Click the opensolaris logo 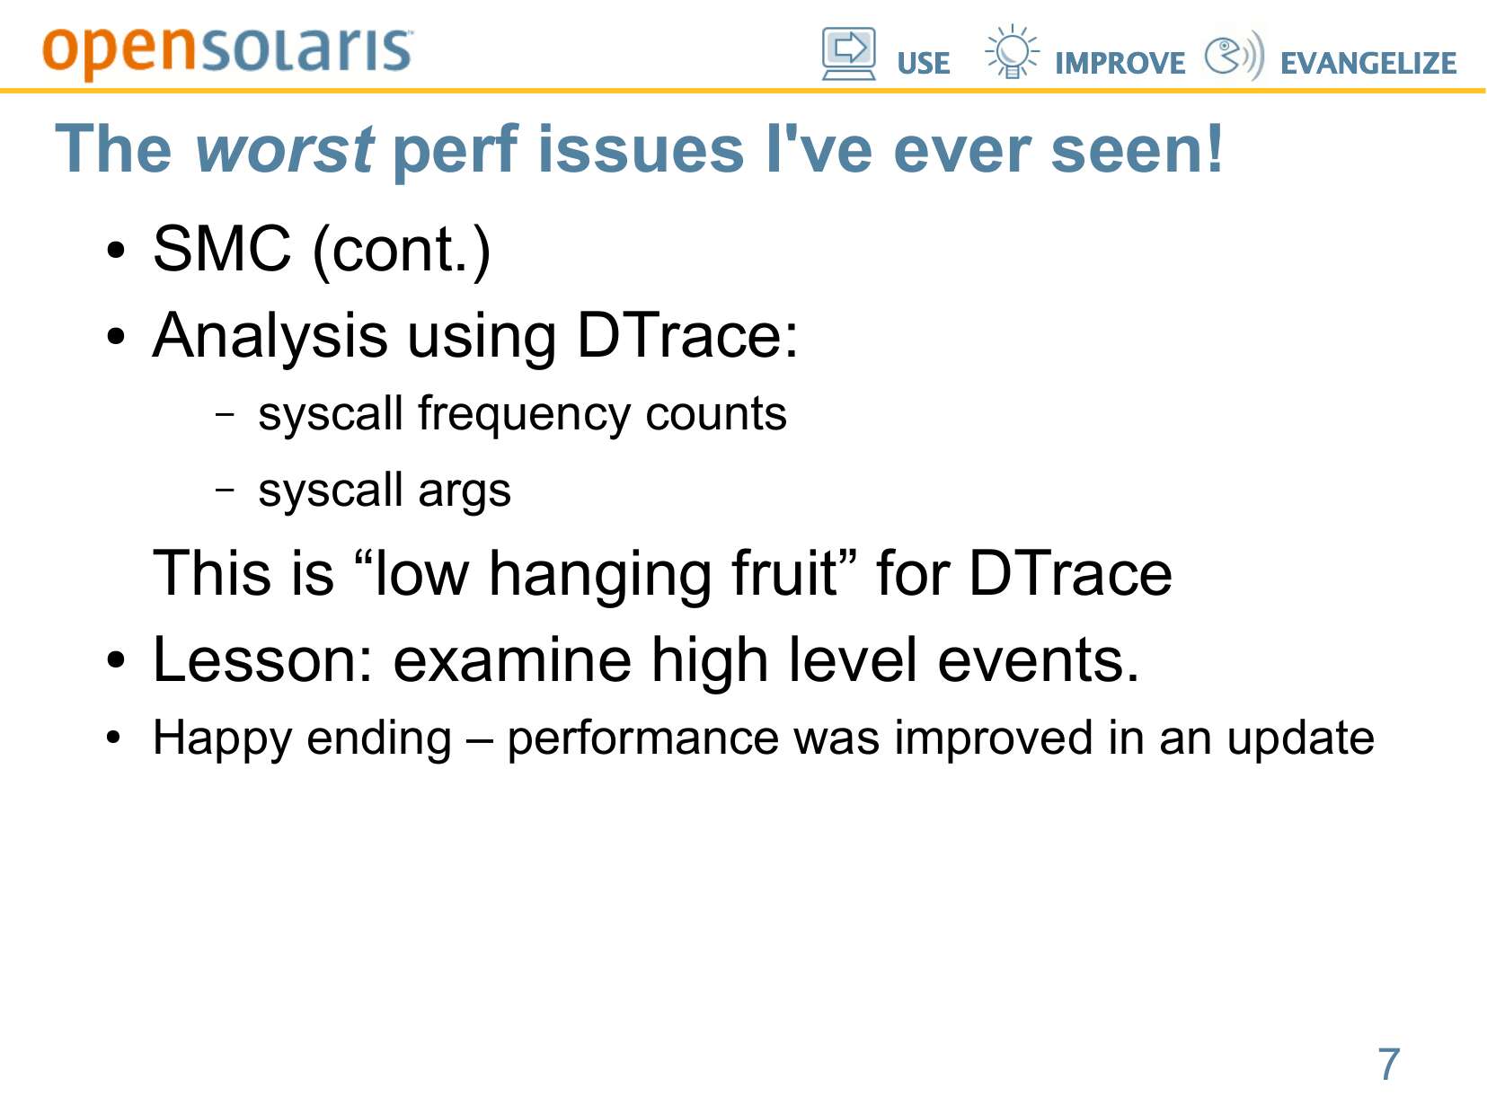tap(227, 53)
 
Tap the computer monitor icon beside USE tap(849, 54)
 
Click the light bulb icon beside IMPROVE tap(1012, 51)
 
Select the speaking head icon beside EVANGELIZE tap(1234, 54)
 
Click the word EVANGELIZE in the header tap(1368, 64)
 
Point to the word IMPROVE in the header tap(1120, 64)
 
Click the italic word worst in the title tap(284, 149)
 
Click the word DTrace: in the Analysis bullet tap(687, 334)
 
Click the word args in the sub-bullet tap(464, 491)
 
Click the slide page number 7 tap(1388, 1064)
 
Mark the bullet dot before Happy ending tap(114, 738)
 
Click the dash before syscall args tap(225, 488)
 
